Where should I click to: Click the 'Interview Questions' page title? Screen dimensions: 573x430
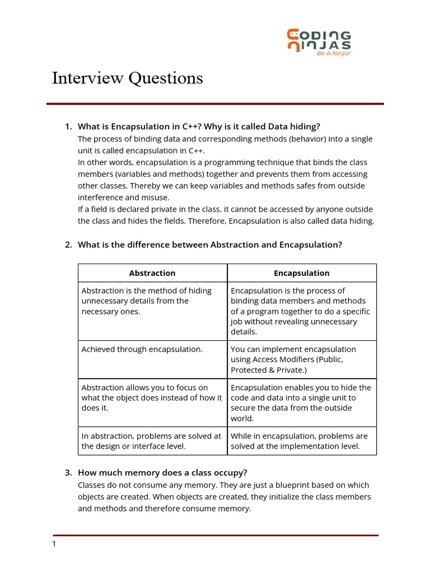127,78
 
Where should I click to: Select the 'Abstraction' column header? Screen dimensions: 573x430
152,273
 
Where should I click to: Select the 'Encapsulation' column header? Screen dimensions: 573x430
302,273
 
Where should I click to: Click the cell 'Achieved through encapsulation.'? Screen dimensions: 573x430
142,349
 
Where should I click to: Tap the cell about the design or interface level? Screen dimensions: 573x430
151,441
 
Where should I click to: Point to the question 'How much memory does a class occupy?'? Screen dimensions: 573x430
162,473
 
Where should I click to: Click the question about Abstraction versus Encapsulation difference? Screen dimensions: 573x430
209,245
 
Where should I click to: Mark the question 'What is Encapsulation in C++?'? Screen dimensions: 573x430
199,126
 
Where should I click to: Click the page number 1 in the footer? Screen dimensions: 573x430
54,544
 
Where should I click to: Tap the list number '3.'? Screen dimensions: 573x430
69,473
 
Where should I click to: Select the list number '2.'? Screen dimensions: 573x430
69,245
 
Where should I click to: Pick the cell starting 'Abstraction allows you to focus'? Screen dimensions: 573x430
152,397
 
